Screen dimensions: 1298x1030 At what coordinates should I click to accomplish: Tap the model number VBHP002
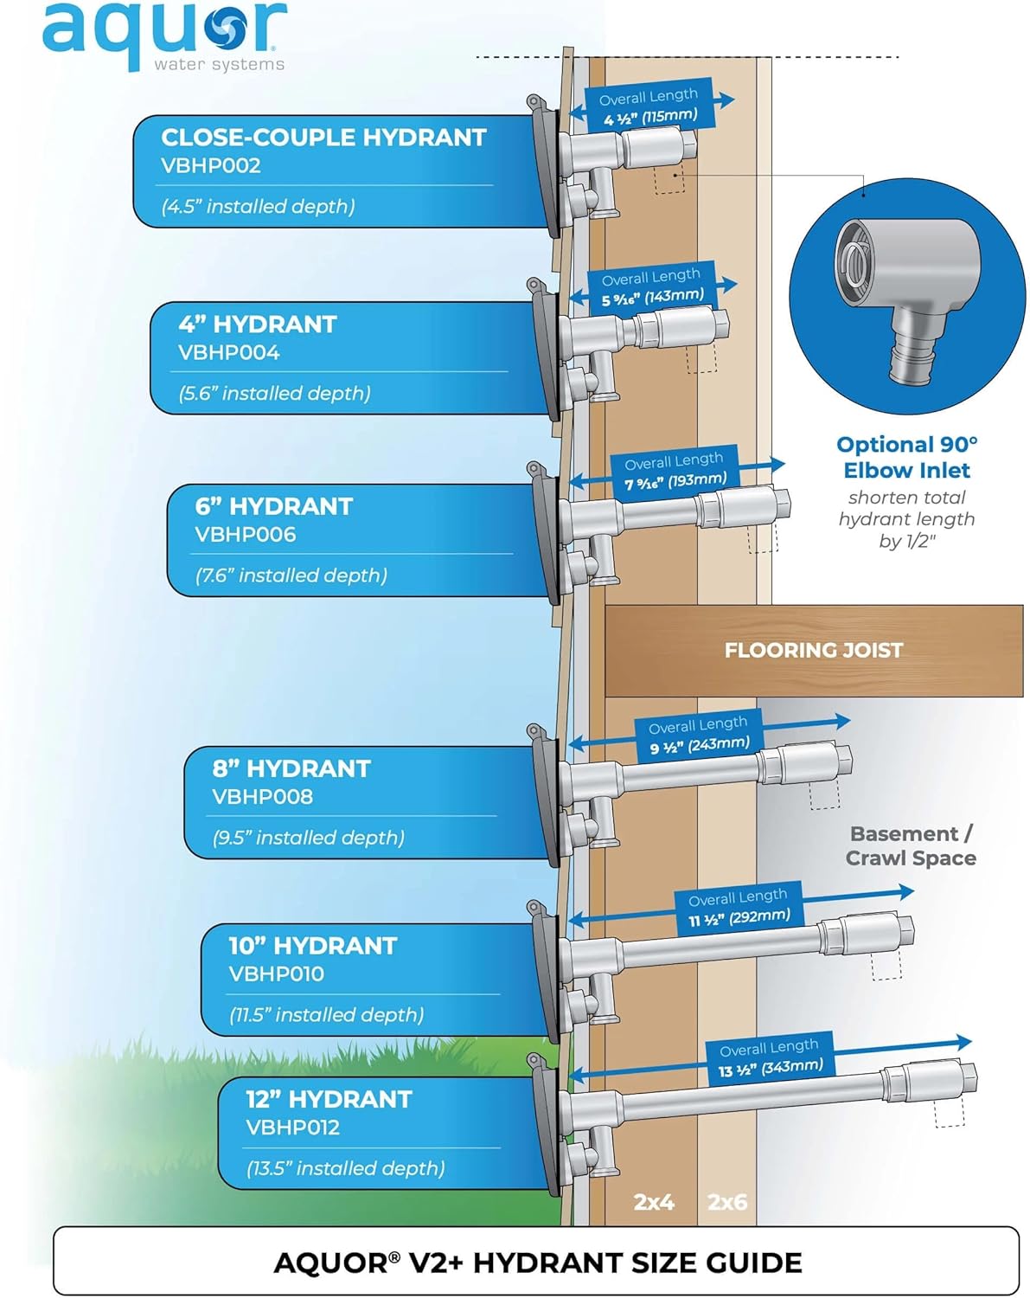210,166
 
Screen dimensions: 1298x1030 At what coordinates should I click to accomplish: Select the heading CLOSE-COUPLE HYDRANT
323,138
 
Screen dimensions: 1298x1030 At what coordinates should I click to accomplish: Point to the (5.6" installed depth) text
274,394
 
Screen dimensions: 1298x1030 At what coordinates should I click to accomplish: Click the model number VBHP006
245,535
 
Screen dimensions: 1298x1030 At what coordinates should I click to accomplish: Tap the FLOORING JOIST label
813,650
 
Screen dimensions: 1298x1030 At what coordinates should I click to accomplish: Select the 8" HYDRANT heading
291,768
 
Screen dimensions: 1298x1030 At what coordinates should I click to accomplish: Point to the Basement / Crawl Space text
911,845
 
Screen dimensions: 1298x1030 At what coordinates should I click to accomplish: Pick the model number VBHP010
276,974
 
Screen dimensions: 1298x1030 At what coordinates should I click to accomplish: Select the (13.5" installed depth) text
345,1168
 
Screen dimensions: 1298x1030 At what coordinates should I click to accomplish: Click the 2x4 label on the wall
654,1202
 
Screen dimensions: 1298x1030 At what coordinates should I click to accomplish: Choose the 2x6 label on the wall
727,1202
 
